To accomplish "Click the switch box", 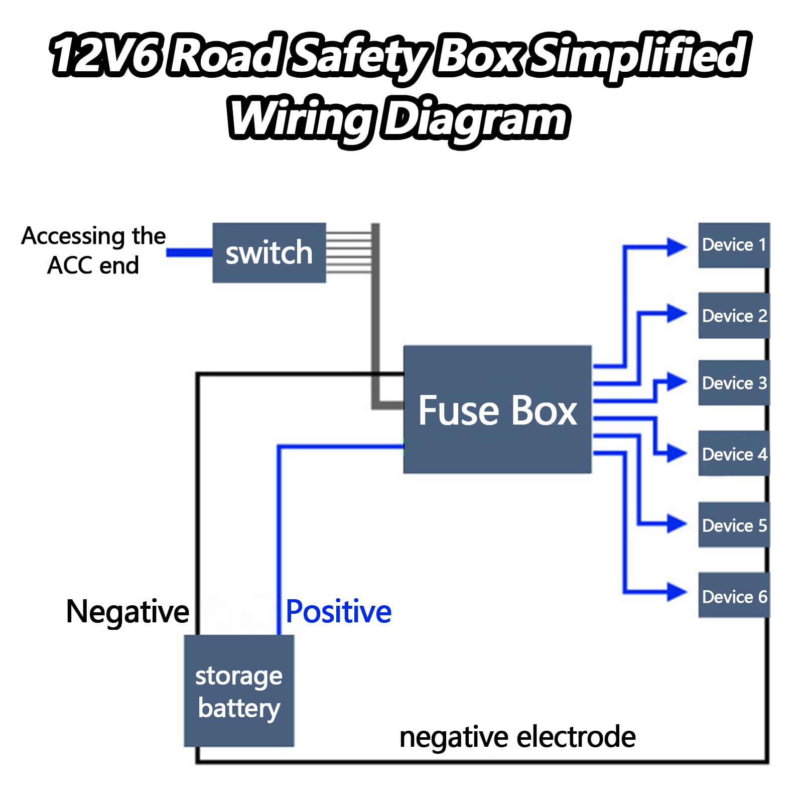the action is coord(269,252).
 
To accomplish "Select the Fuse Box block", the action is coord(497,409).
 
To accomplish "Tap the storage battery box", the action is coord(239,691).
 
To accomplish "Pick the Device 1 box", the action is coord(734,245).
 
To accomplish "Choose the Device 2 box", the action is coord(734,316).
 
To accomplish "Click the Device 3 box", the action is coord(734,382).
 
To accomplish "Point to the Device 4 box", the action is coord(734,453).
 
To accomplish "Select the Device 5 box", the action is coord(734,524).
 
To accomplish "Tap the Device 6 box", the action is coord(734,595).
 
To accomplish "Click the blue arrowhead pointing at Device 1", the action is coord(677,247).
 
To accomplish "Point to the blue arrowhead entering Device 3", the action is coord(677,381).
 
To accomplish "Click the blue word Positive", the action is coord(339,612).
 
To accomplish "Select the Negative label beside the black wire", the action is coord(127,612).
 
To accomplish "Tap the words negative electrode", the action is coord(517,738).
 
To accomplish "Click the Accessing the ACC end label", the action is coord(93,250).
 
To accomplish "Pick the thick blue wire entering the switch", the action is coord(190,252).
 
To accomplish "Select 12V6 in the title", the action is coord(105,54).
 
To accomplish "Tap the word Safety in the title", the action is coord(359,56).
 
